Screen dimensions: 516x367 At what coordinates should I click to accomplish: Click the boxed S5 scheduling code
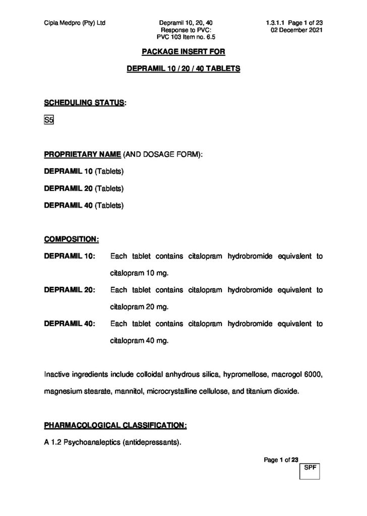click(49, 121)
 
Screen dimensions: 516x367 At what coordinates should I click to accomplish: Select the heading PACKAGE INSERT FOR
click(183, 52)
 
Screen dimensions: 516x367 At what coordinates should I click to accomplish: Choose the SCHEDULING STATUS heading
click(85, 103)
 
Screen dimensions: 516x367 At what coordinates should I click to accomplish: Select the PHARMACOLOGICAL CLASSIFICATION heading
click(115, 426)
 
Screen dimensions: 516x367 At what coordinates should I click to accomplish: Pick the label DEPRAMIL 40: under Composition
click(70, 324)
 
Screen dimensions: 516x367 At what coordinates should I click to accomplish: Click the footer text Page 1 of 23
click(281, 459)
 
